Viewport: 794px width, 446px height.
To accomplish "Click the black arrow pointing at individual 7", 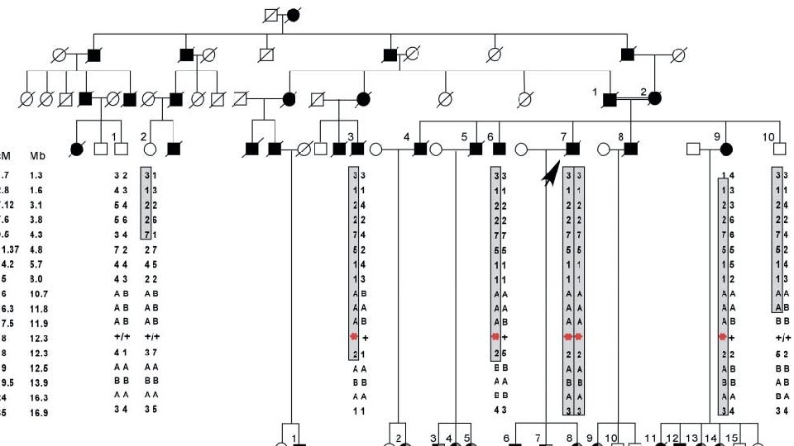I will click(x=547, y=175).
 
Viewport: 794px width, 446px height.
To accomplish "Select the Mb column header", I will click(x=38, y=155).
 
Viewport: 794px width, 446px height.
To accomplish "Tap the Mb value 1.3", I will click(x=36, y=175).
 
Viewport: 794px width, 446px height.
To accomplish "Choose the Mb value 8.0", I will click(x=36, y=279).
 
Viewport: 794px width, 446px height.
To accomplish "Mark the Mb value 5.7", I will click(x=36, y=264).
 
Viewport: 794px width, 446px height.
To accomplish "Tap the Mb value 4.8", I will click(x=36, y=249).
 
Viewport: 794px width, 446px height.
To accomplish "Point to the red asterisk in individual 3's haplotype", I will click(x=354, y=338).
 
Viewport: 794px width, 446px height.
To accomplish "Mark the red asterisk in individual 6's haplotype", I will click(x=495, y=338).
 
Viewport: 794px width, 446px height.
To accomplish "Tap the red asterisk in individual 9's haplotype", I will click(x=723, y=338).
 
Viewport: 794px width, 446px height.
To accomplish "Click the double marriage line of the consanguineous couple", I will click(x=633, y=98).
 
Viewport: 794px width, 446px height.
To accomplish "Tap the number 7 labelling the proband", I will click(x=564, y=135).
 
